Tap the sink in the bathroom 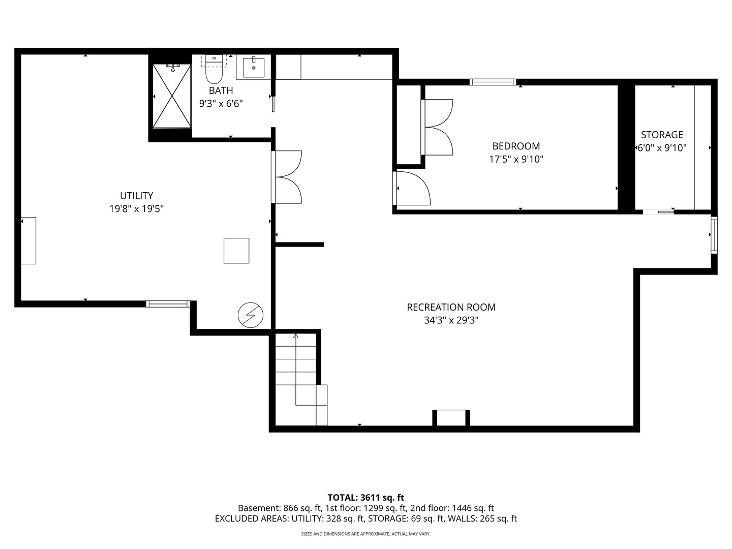[x=254, y=67]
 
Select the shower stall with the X [x=172, y=96]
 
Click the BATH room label [x=221, y=90]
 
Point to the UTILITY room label [x=136, y=195]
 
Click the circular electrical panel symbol [x=251, y=315]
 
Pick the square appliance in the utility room [x=236, y=251]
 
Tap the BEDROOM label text [x=516, y=146]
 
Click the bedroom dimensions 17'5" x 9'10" [x=516, y=159]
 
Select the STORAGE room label [x=662, y=135]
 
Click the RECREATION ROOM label [x=451, y=307]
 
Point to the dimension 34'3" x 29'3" [x=451, y=320]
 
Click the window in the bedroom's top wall [x=493, y=82]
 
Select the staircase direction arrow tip [x=295, y=334]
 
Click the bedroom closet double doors [x=437, y=127]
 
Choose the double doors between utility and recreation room [x=287, y=177]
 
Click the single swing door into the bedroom [x=412, y=188]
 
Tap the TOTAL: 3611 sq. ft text [x=366, y=498]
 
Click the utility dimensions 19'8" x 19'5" [x=136, y=208]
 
